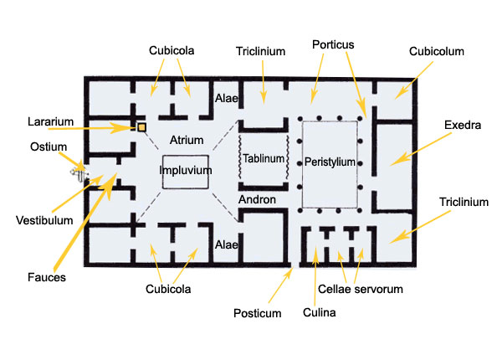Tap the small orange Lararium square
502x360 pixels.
pyautogui.click(x=141, y=126)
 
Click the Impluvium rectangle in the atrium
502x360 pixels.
pyautogui.click(x=185, y=171)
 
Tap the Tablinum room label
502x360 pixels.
pyautogui.click(x=262, y=159)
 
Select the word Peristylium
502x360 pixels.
pyautogui.click(x=330, y=162)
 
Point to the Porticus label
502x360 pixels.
pyautogui.click(x=333, y=43)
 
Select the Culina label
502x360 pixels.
pyautogui.click(x=317, y=315)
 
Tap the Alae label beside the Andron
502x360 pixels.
pyautogui.click(x=228, y=244)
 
